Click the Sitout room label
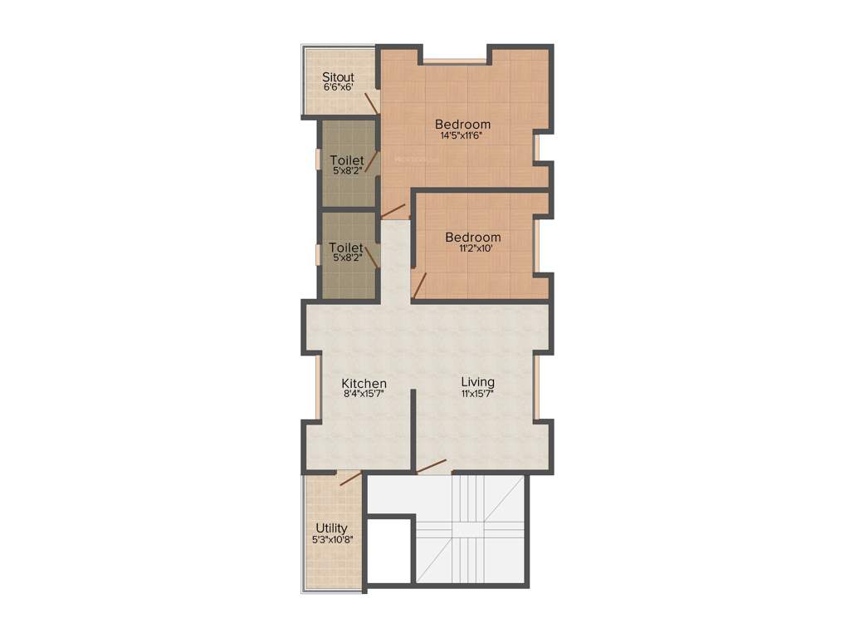(338, 77)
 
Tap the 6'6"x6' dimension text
(338, 87)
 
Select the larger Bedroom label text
(462, 125)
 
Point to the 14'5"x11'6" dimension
(462, 135)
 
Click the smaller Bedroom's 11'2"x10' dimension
(472, 248)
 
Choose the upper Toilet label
(346, 159)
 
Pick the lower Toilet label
(345, 248)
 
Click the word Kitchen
(364, 383)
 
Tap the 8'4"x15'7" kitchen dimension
(364, 394)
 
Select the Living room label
(477, 382)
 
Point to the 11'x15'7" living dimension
(477, 393)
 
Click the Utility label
(331, 528)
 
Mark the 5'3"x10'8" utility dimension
(331, 539)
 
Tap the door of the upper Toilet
(372, 161)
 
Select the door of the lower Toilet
(372, 255)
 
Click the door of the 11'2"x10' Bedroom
(420, 285)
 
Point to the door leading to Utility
(350, 478)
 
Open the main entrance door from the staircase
(432, 467)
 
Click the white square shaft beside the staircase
(389, 550)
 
